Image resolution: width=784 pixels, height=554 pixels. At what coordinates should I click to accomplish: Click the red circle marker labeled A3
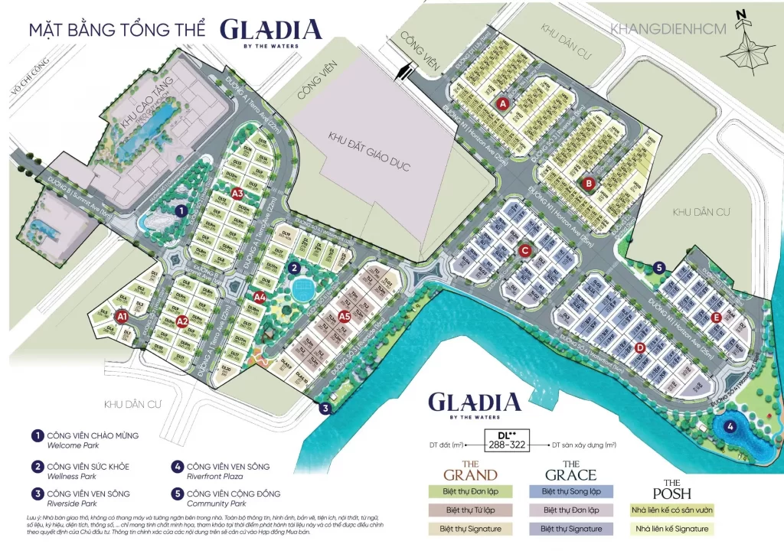[237, 193]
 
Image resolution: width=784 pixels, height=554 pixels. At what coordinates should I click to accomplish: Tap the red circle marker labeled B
[589, 183]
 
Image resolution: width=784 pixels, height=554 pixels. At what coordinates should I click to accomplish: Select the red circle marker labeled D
[640, 348]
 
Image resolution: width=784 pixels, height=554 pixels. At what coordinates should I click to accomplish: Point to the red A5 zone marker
[344, 315]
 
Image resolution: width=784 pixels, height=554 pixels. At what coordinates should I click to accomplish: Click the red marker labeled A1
[121, 314]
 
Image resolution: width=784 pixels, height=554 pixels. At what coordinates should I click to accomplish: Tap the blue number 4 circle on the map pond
[731, 427]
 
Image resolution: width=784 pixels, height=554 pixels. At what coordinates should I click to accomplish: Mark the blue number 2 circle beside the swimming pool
[294, 268]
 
